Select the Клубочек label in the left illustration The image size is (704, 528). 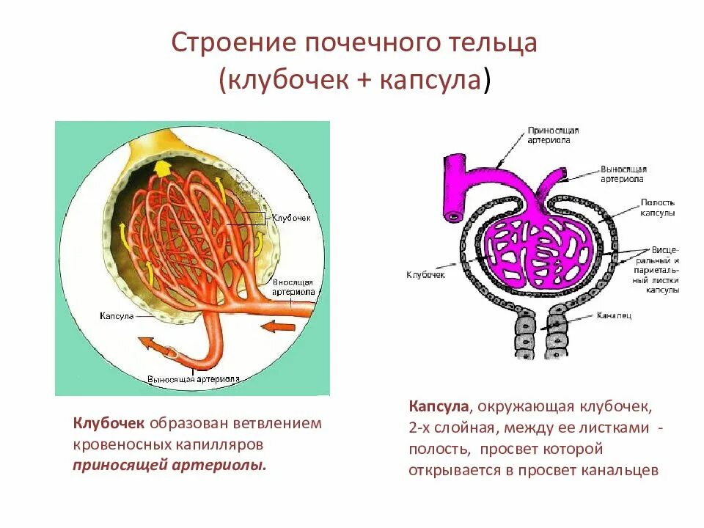pos(291,218)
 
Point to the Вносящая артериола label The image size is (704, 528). pos(293,286)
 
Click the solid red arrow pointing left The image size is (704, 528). pos(279,325)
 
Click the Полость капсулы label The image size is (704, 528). pos(657,208)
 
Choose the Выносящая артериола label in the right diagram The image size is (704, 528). pos(623,173)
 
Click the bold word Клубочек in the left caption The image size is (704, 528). pos(109,423)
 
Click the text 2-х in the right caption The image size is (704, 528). pos(420,427)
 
